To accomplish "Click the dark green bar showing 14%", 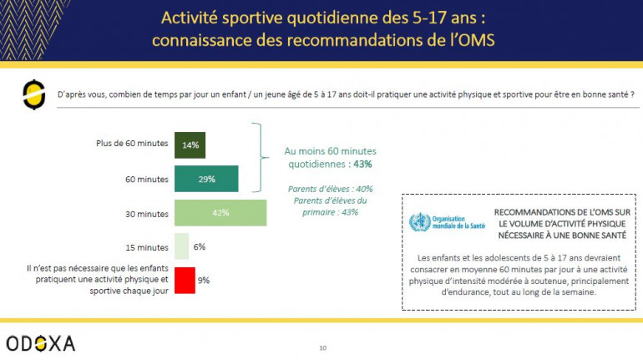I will [190, 145].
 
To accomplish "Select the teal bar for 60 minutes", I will [206, 179].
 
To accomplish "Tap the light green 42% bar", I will [220, 213].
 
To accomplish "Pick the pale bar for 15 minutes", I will [181, 246].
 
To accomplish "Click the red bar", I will [185, 280].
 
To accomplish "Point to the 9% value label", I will [203, 281].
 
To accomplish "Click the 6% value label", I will [200, 247].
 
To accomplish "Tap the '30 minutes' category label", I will [146, 214].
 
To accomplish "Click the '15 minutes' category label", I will [146, 247].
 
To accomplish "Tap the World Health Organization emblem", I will [419, 222].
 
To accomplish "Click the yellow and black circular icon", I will [33, 94].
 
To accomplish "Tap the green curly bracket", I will [262, 158].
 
